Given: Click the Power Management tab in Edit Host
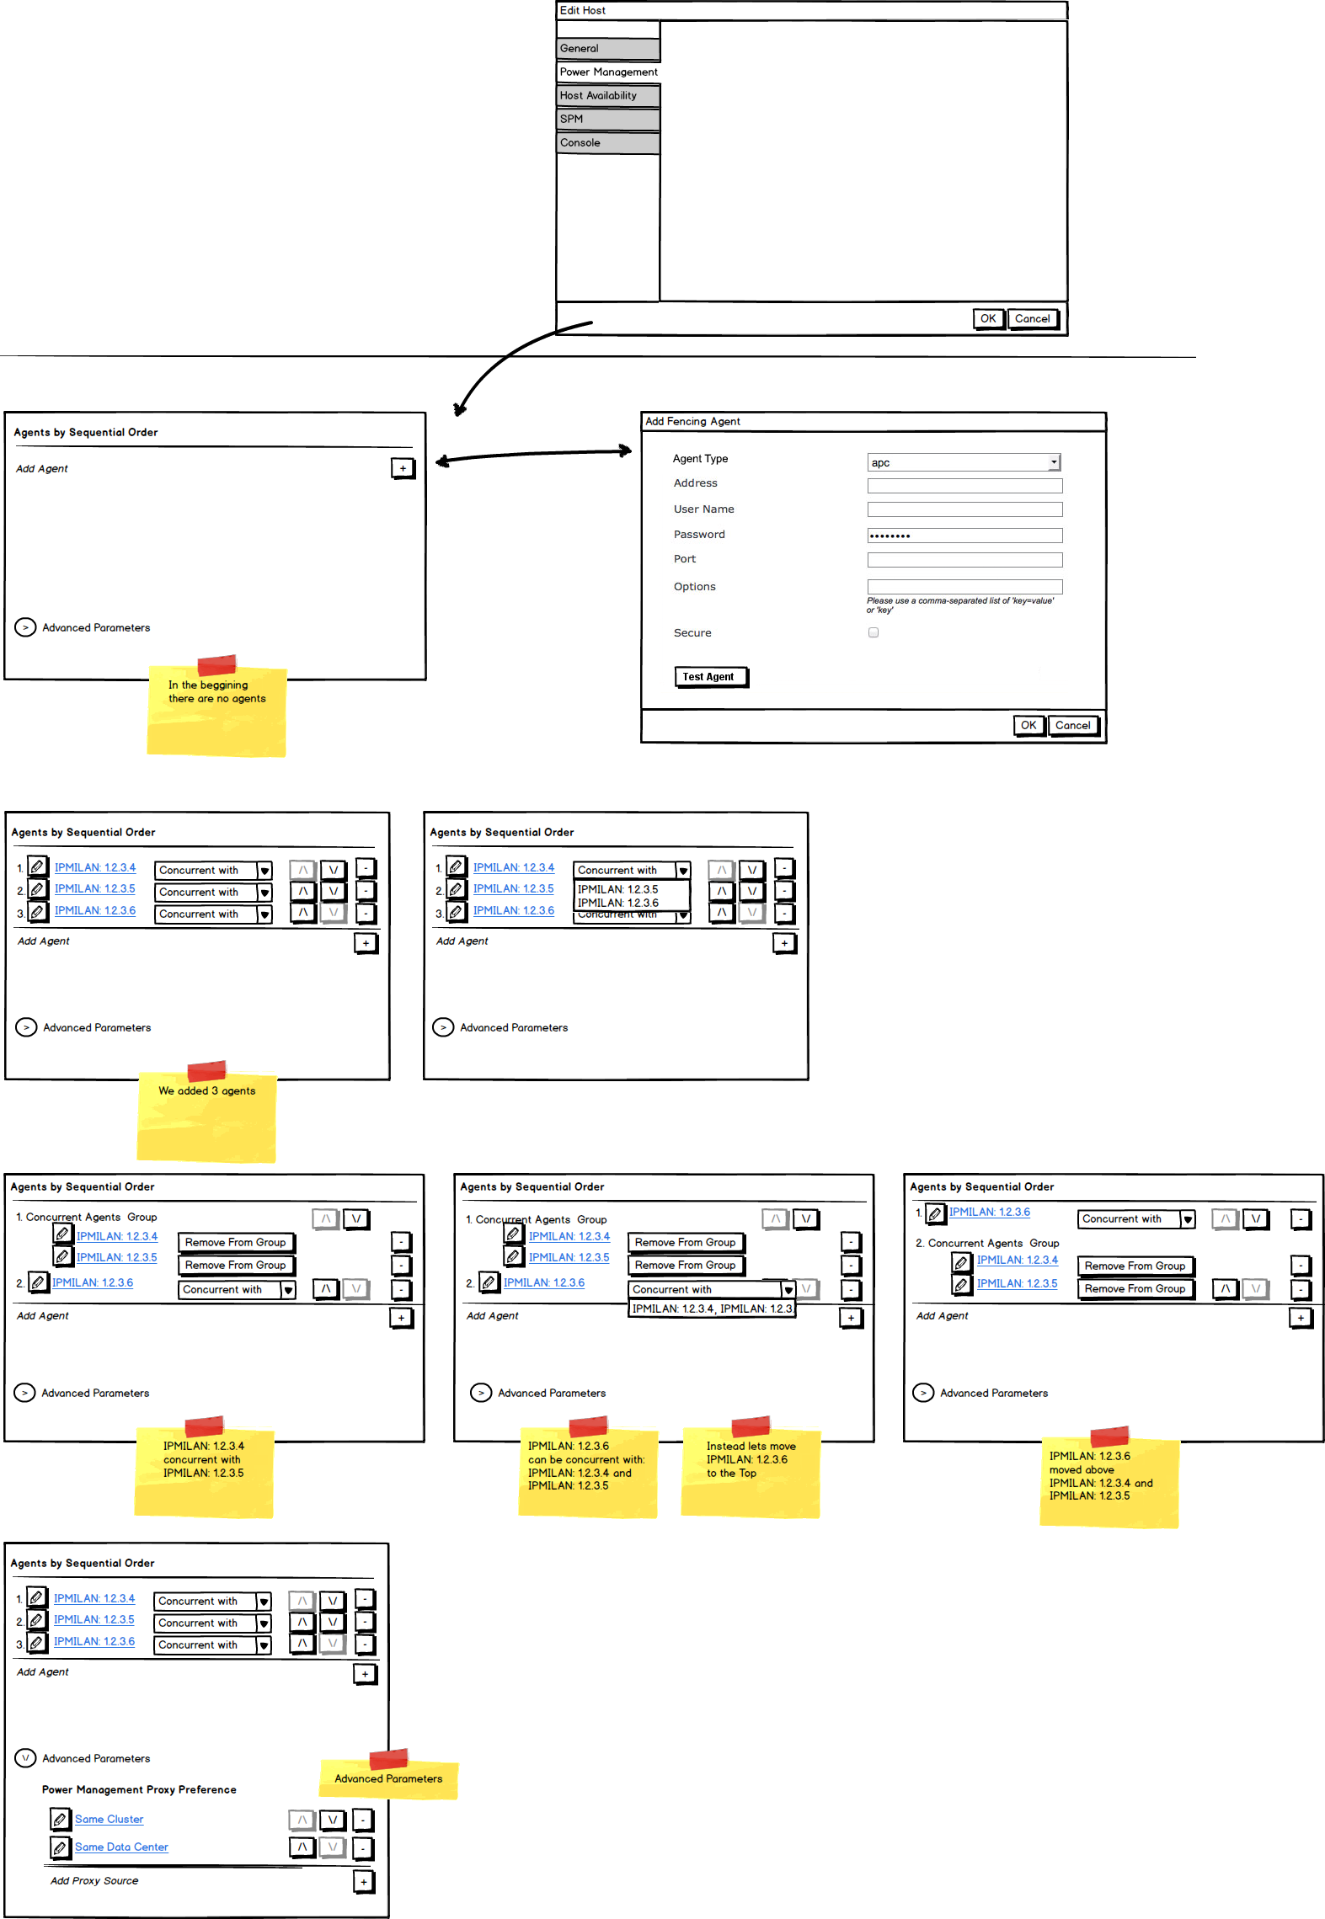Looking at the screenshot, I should pyautogui.click(x=608, y=72).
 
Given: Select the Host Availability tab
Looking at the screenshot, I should pyautogui.click(x=607, y=96).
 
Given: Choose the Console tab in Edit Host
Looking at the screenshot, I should pyautogui.click(x=607, y=143).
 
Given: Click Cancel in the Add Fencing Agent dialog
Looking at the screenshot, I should pyautogui.click(x=1072, y=725).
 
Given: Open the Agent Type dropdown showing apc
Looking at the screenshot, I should pyautogui.click(x=964, y=462).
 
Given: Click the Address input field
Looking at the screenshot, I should pyautogui.click(x=964, y=486).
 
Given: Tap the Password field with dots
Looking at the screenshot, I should pyautogui.click(x=964, y=536).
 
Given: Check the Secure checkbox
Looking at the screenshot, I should pyautogui.click(x=874, y=632).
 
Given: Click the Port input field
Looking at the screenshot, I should pyautogui.click(x=964, y=560).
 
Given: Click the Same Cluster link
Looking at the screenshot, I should pyautogui.click(x=110, y=1819).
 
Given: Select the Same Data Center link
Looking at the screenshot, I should pyautogui.click(x=121, y=1847).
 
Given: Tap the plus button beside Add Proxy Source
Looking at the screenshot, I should pyautogui.click(x=364, y=1881).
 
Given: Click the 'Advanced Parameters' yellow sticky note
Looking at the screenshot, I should pyautogui.click(x=388, y=1778).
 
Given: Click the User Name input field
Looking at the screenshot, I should pyautogui.click(x=964, y=509).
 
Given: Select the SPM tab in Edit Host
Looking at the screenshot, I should pyautogui.click(x=607, y=120).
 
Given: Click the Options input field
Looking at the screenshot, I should pyautogui.click(x=964, y=587).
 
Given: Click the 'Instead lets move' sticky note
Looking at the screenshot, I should pyautogui.click(x=750, y=1469).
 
